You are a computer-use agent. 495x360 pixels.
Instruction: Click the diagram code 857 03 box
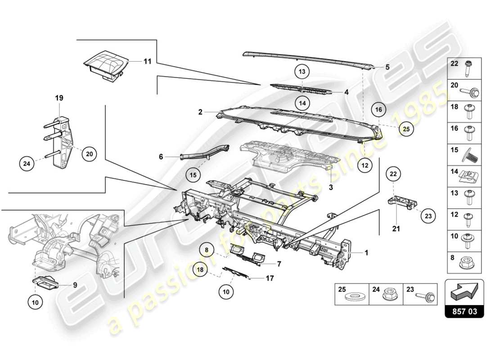(464, 311)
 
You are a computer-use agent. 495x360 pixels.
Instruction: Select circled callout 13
(303, 72)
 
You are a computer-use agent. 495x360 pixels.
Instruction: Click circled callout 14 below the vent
(303, 103)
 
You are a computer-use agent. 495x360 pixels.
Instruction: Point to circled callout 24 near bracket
(27, 164)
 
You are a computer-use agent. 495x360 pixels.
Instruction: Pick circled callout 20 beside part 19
(89, 154)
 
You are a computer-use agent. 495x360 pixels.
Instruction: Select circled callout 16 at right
(379, 109)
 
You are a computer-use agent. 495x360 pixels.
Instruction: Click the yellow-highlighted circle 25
(406, 129)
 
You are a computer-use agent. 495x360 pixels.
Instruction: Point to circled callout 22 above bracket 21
(393, 174)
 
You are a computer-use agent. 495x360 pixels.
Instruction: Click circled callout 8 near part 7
(207, 248)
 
